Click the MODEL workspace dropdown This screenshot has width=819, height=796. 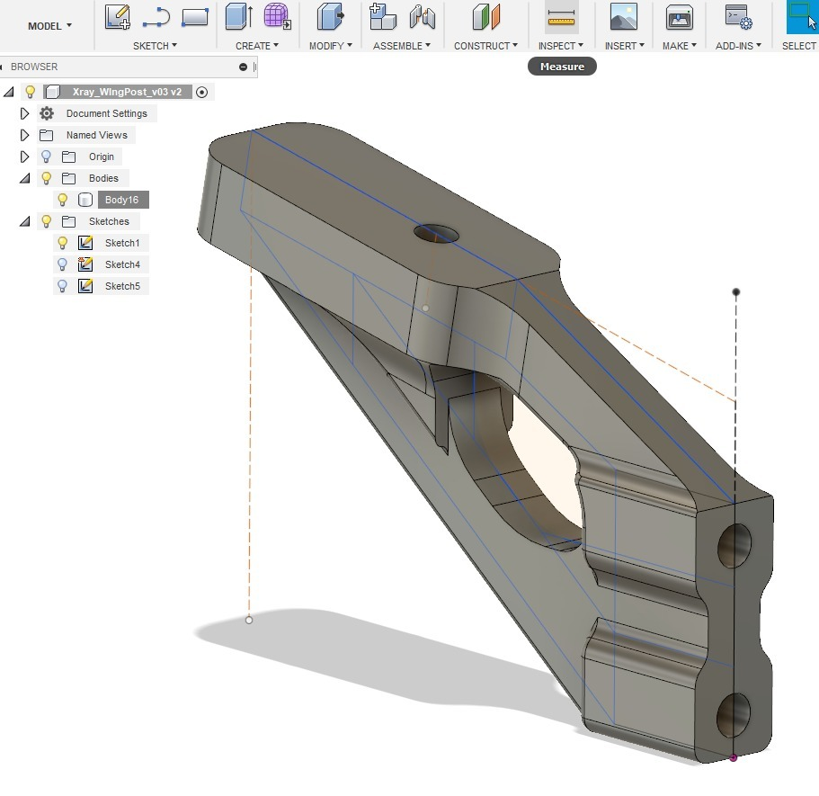coord(49,26)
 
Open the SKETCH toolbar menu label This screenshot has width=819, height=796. coord(155,46)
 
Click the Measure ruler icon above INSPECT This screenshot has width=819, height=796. coord(562,17)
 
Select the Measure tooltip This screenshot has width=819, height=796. coord(562,67)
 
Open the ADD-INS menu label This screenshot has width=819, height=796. coord(738,46)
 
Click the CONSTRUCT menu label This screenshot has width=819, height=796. coord(485,46)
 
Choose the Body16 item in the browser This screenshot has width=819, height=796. coord(121,200)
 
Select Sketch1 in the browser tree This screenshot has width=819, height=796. coord(122,243)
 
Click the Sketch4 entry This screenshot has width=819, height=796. coord(122,264)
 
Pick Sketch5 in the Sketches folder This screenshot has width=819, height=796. coord(122,286)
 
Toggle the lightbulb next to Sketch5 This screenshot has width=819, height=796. coord(62,286)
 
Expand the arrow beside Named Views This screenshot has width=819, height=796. coord(25,135)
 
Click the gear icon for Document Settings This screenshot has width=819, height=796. coord(47,113)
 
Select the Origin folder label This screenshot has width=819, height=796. coord(101,157)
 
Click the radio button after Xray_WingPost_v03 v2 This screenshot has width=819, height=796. coord(201,92)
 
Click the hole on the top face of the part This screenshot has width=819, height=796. coord(436,234)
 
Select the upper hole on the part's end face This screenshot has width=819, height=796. coord(734,545)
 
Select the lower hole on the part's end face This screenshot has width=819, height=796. coord(734,715)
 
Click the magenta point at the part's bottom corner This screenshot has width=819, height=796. coord(734,758)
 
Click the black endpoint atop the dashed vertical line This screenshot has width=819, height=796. coord(736,292)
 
